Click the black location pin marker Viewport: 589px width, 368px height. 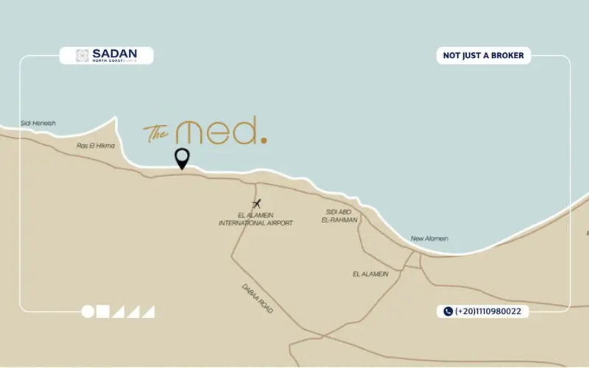pyautogui.click(x=181, y=158)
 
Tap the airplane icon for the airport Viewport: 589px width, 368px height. pyautogui.click(x=256, y=204)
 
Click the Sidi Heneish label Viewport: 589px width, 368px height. pyautogui.click(x=38, y=124)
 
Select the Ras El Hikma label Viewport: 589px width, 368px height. pyautogui.click(x=96, y=146)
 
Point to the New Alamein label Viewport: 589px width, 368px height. pyautogui.click(x=429, y=238)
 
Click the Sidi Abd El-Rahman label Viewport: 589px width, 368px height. pyautogui.click(x=342, y=216)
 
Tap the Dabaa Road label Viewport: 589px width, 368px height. pyautogui.click(x=257, y=299)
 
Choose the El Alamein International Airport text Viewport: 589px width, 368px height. pyautogui.click(x=255, y=219)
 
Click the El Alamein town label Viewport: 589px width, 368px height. pyautogui.click(x=369, y=274)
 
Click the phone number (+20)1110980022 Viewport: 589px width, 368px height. pyautogui.click(x=487, y=311)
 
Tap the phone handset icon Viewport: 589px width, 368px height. pyautogui.click(x=448, y=311)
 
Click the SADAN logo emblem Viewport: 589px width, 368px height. pyautogui.click(x=83, y=55)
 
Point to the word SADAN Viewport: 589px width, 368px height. pyautogui.click(x=110, y=53)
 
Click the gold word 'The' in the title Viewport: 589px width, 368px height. pyautogui.click(x=156, y=133)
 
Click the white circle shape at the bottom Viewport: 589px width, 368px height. pyautogui.click(x=88, y=311)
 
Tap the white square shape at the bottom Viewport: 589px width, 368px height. pyautogui.click(x=103, y=311)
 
